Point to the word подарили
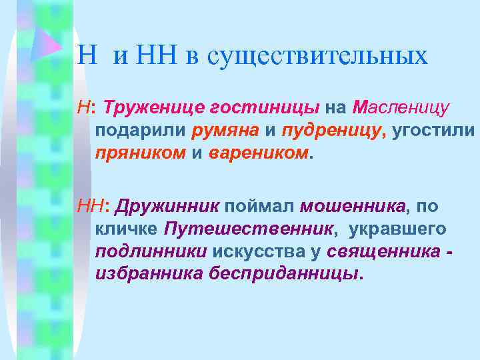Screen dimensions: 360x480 141,131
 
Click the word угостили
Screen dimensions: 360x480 434,131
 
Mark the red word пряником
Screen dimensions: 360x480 141,153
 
